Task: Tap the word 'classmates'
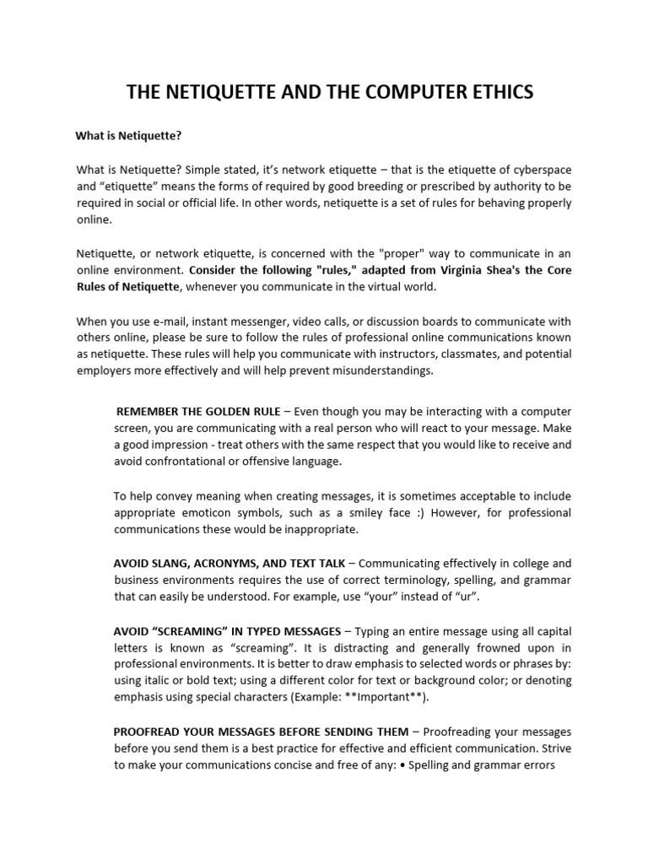pos(456,354)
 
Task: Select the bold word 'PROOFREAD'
pos(148,731)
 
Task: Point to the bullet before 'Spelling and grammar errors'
pos(402,764)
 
